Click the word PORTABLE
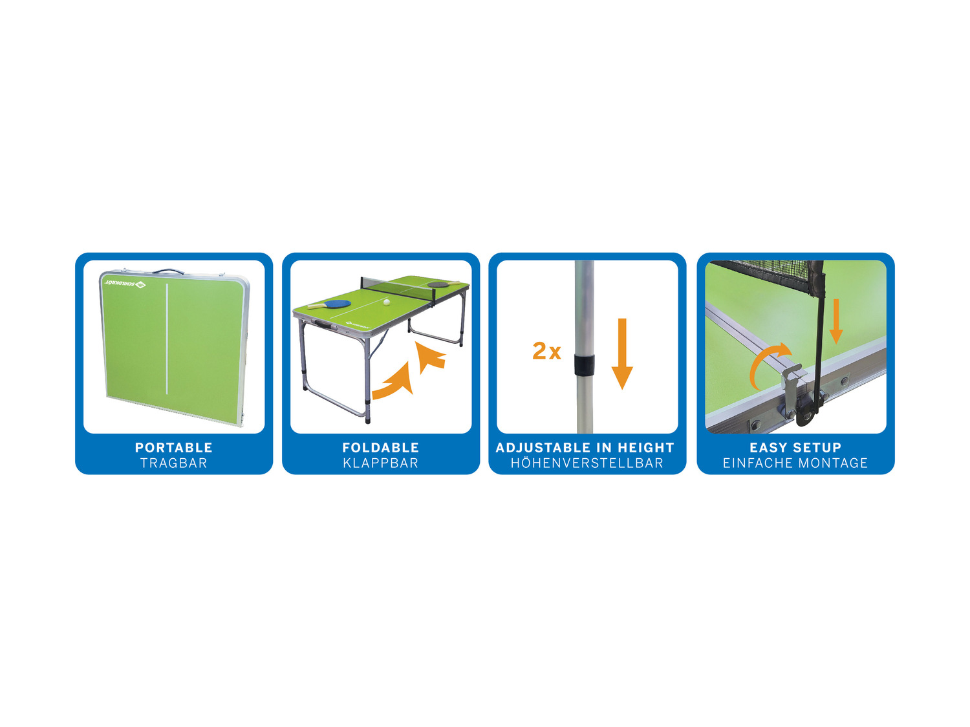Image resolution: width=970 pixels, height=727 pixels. coord(174,448)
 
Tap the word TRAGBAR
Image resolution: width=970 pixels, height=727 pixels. coord(174,463)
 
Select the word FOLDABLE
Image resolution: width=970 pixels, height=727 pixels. coord(380,448)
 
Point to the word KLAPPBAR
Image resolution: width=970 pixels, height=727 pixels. coord(380,463)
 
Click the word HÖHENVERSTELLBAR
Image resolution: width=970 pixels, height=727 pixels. coord(587,463)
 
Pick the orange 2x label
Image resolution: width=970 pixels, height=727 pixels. coord(546,351)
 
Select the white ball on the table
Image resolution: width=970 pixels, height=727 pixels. coord(387,302)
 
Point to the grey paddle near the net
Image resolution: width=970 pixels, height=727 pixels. coord(440,284)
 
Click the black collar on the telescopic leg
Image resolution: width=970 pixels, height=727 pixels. coord(584,364)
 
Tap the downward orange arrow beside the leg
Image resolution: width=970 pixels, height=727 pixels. coord(622,353)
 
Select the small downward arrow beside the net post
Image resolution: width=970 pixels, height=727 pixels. coord(835,321)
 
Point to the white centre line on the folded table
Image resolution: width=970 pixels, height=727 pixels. coord(167,339)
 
